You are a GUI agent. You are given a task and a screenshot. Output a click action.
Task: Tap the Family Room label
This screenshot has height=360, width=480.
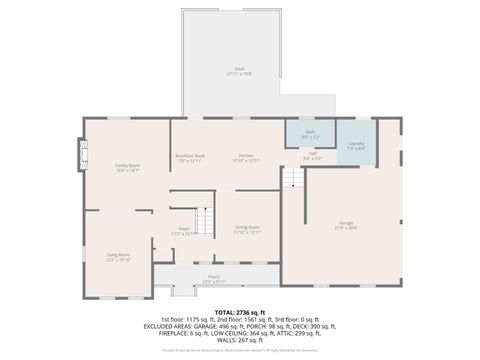127,165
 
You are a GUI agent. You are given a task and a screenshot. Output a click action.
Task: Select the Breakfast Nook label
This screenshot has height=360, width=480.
190,155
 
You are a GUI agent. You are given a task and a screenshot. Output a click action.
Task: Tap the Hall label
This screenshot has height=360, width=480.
312,154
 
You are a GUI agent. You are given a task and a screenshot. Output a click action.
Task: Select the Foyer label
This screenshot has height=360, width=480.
184,229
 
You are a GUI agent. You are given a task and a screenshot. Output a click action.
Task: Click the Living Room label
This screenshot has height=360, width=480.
120,255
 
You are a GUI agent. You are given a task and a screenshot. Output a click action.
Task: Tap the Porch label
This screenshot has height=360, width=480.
214,276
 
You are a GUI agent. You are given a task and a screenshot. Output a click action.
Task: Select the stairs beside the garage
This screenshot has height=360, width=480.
292,178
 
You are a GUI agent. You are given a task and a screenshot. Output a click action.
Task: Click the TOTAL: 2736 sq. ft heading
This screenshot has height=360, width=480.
239,312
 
